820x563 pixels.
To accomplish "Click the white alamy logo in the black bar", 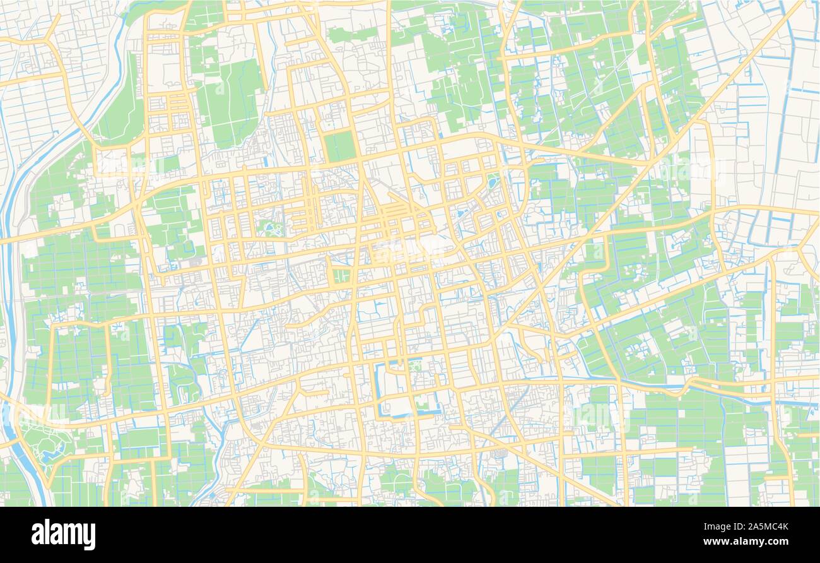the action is [x=63, y=534].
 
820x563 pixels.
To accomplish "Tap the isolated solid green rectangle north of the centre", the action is [x=340, y=146].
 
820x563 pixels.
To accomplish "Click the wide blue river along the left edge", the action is [x=8, y=265].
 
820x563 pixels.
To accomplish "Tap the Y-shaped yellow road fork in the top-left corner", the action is [x=47, y=41].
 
